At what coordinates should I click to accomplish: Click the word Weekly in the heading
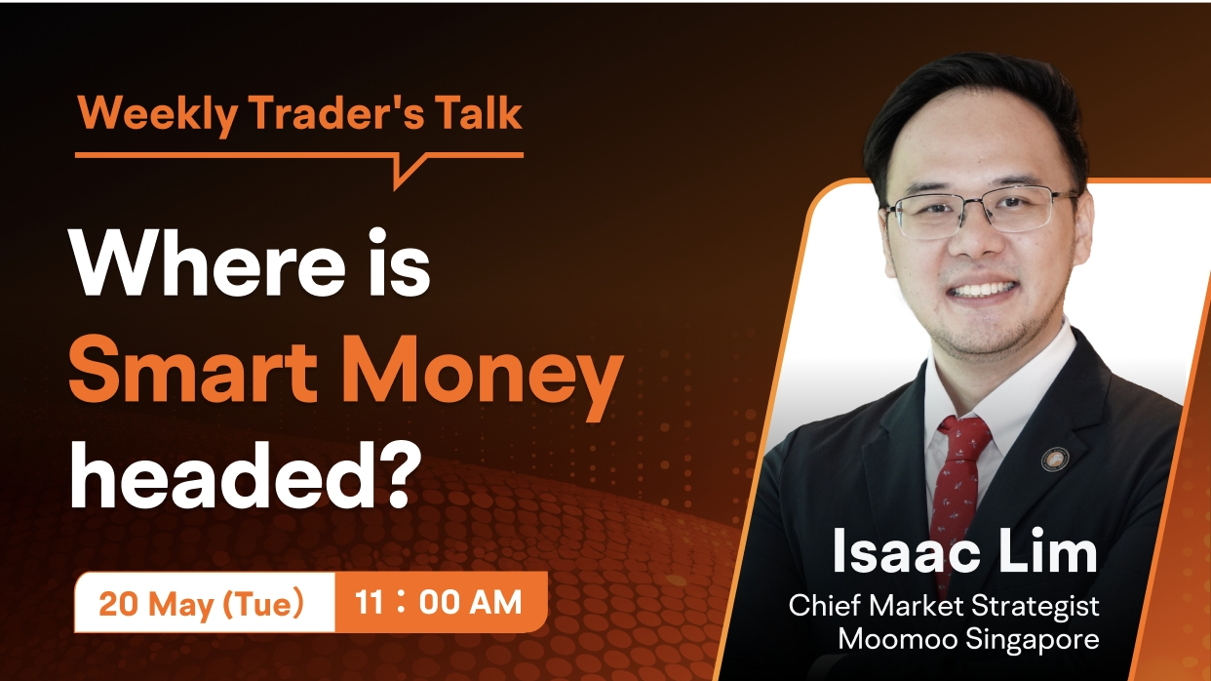tap(157, 114)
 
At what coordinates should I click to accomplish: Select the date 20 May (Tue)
tap(201, 603)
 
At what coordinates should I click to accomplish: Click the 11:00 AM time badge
tap(440, 602)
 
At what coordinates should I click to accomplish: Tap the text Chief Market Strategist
tap(944, 605)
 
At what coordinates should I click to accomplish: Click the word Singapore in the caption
tap(1033, 641)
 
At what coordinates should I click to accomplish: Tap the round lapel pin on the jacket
tap(1055, 460)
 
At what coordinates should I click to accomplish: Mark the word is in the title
tap(399, 262)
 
